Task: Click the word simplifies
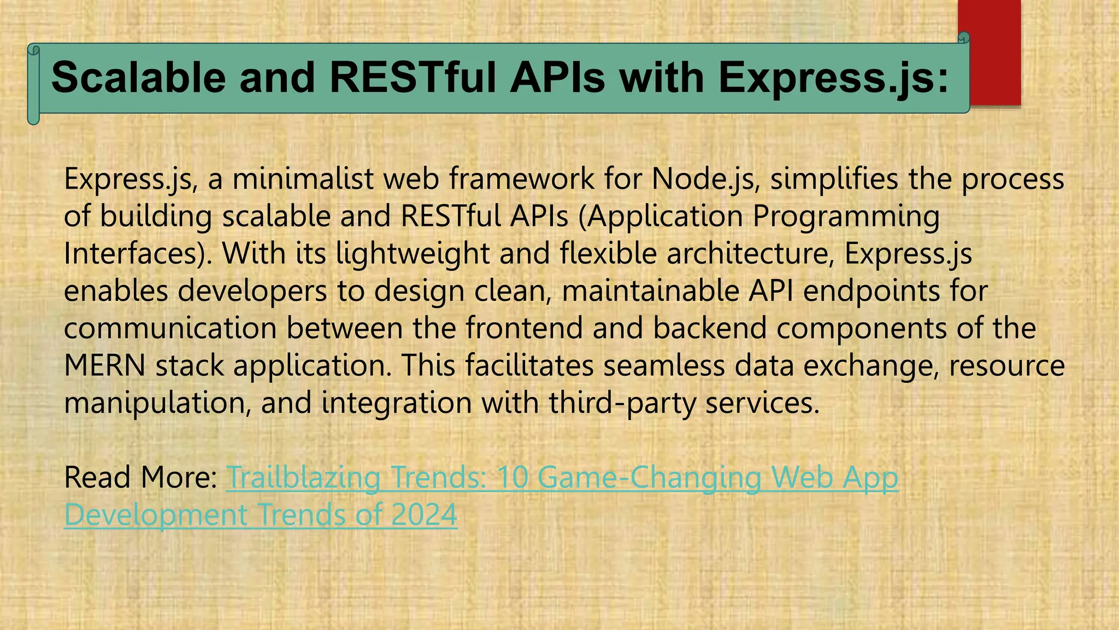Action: tap(834, 179)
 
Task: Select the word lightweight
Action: tap(413, 254)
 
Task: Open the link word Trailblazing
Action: tap(303, 477)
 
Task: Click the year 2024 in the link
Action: tap(424, 515)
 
